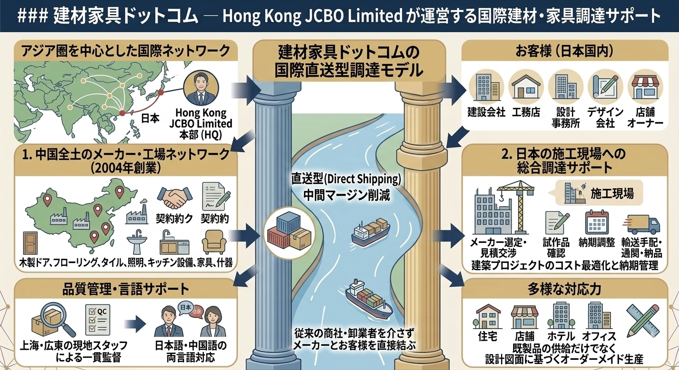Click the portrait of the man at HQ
point(201,89)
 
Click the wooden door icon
point(30,243)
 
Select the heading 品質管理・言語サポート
point(125,290)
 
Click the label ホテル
point(561,336)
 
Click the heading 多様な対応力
point(564,290)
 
